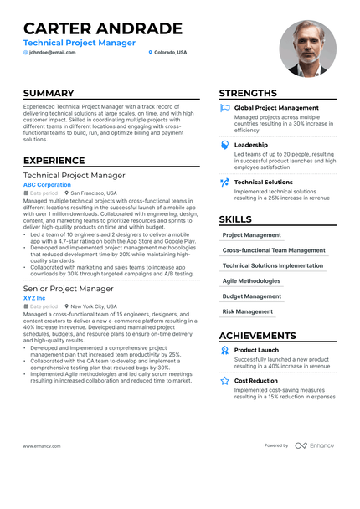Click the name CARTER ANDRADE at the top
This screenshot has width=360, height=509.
[102, 28]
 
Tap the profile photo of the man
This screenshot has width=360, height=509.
[307, 48]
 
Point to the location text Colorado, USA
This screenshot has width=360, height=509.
[170, 52]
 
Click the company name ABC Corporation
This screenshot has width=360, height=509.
[47, 184]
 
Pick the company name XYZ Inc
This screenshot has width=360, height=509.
[36, 297]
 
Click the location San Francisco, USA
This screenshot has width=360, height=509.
[94, 193]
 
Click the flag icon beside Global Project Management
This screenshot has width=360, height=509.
[224, 108]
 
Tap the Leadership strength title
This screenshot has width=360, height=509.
[251, 145]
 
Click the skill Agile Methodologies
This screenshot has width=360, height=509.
[251, 281]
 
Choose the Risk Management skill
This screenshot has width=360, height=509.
[247, 311]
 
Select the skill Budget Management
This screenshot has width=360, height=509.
[251, 296]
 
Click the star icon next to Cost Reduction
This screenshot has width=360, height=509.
[224, 380]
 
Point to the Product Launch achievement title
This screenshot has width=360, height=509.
[256, 350]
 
